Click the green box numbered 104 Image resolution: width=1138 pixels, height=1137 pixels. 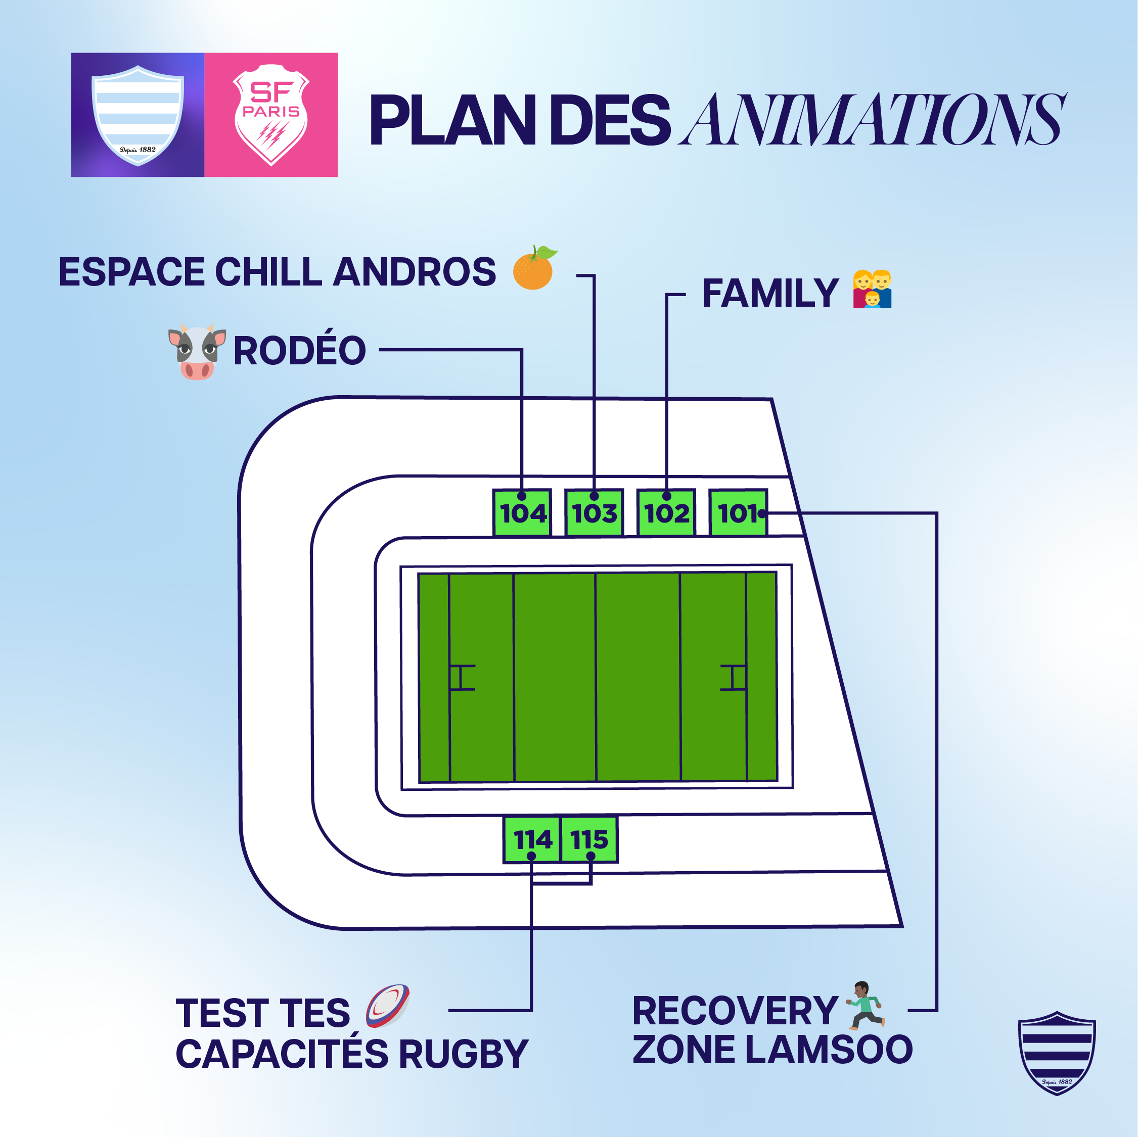click(x=522, y=512)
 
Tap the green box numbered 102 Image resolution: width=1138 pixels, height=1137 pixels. click(x=667, y=512)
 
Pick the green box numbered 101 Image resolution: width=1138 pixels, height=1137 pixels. click(x=738, y=512)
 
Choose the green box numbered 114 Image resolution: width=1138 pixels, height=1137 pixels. click(x=531, y=839)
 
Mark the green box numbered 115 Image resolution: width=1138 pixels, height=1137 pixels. click(x=589, y=839)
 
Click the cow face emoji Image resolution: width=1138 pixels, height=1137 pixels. click(x=197, y=352)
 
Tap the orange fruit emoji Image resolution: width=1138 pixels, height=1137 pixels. click(x=534, y=268)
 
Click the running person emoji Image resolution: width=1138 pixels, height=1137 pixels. click(x=864, y=1006)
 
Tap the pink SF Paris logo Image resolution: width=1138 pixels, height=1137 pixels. click(x=271, y=115)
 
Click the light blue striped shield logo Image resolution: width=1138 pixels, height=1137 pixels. click(x=138, y=115)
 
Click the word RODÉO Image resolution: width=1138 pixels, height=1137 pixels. click(x=299, y=350)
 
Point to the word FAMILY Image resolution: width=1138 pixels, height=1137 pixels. click(x=770, y=293)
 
